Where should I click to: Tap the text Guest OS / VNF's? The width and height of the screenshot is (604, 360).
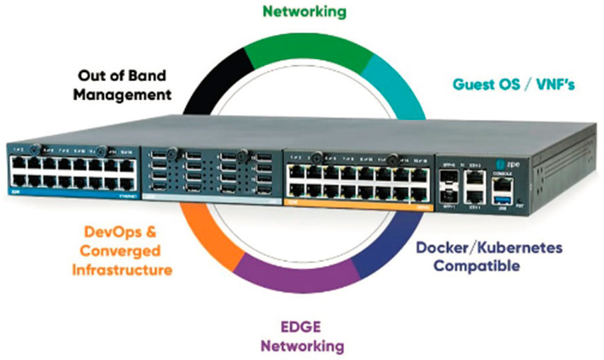point(514,85)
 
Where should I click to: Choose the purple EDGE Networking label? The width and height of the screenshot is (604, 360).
point(302,337)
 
